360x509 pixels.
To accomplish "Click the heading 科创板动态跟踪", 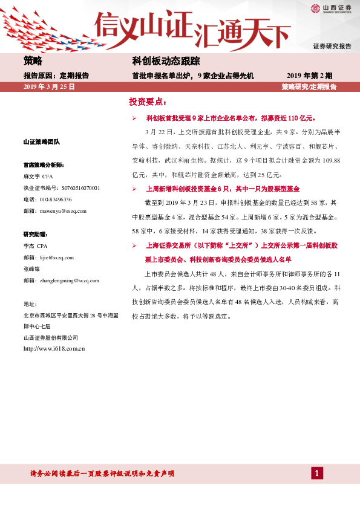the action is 166,61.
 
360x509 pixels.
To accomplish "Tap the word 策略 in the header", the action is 33,61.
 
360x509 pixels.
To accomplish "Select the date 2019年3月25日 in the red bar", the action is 49,87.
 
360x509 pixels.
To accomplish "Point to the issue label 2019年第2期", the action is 309,76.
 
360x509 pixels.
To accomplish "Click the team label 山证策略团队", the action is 41,142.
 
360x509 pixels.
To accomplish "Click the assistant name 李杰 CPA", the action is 35,246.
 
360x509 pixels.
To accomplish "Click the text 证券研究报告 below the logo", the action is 332,47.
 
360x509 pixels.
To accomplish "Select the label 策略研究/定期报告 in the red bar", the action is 309,87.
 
